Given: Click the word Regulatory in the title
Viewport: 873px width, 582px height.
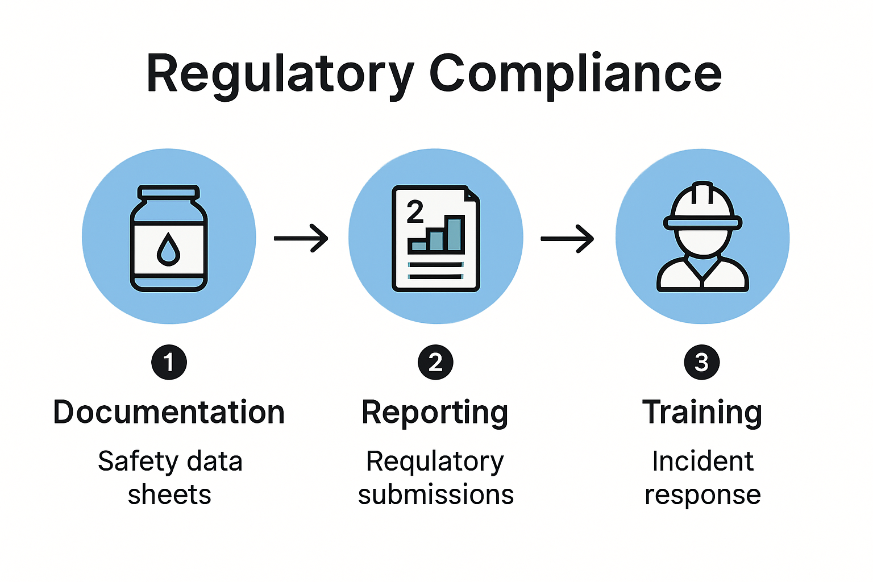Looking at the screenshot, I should click(280, 74).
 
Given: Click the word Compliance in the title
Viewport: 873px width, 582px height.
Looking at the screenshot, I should click(575, 74).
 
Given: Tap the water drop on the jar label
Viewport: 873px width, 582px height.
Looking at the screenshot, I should click(168, 250).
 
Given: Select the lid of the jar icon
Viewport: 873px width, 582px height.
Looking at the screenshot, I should click(169, 193).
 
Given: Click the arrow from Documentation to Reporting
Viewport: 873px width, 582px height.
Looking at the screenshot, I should click(301, 238).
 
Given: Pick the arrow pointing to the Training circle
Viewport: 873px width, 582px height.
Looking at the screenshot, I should click(567, 239).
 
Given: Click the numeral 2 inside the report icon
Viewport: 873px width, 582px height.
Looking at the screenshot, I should click(415, 212).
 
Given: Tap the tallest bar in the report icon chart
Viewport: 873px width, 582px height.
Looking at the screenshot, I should click(455, 233).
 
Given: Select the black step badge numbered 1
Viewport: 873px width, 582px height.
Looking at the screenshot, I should click(169, 362).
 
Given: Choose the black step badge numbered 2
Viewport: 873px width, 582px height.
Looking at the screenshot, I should click(435, 362).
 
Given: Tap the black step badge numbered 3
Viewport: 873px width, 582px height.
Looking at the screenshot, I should click(702, 362).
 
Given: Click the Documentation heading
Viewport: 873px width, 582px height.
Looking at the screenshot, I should click(169, 412).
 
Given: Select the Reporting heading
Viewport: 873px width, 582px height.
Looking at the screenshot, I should click(435, 413).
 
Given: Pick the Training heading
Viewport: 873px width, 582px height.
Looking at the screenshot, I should click(702, 413).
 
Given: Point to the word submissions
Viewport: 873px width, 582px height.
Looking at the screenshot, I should click(436, 494).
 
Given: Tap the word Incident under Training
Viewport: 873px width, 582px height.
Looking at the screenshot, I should click(702, 461).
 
